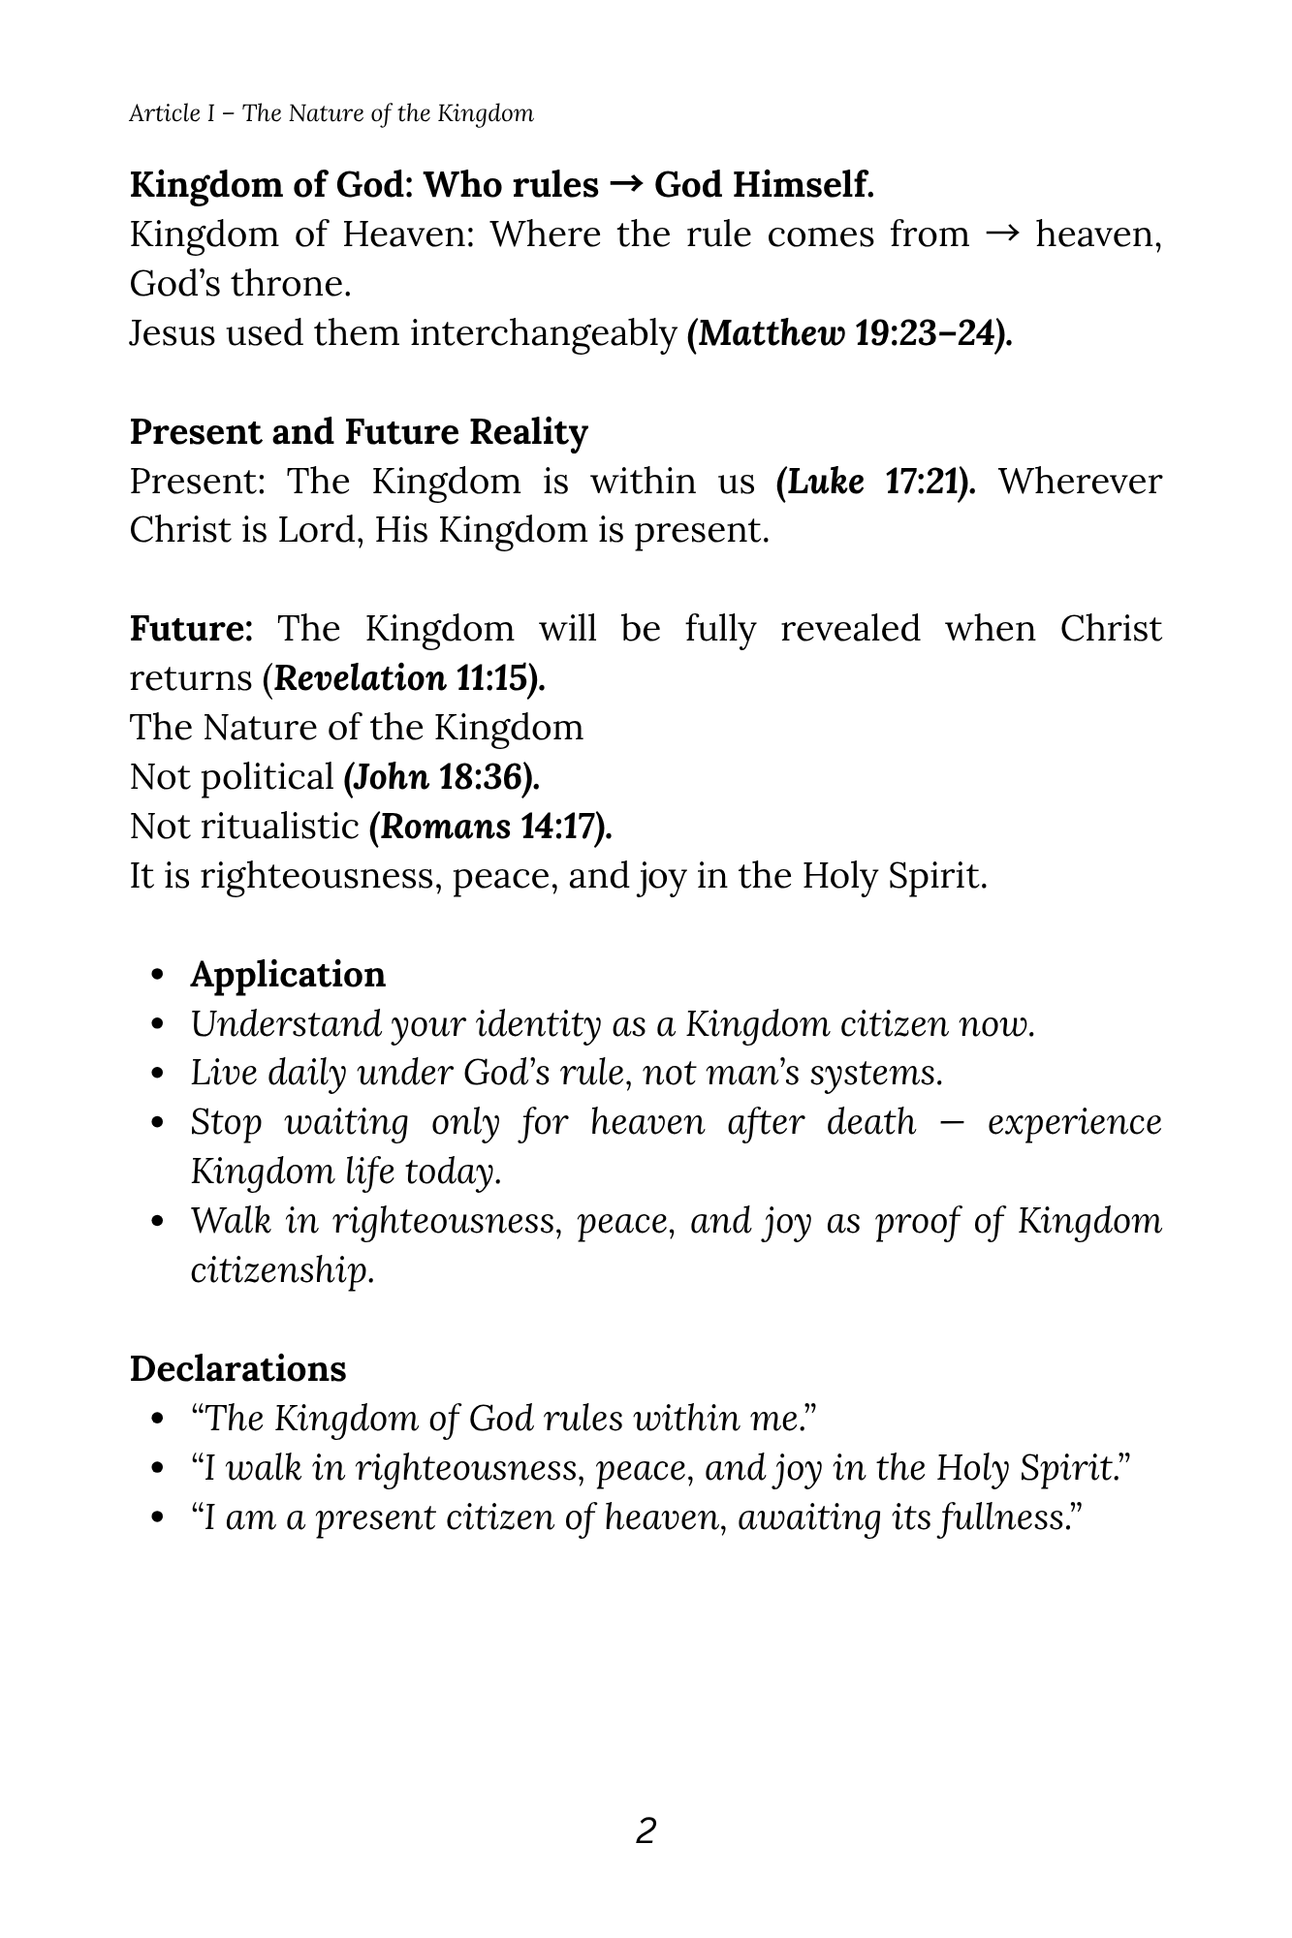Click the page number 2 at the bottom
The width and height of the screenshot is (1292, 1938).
tap(646, 1830)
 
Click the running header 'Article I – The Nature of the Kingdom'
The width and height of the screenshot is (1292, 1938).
tap(331, 113)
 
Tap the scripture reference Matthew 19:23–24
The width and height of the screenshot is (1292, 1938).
tap(849, 333)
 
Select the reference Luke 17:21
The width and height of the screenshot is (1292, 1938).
tap(876, 482)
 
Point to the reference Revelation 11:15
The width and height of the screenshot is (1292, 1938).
tap(409, 678)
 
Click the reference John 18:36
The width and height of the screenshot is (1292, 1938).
tap(442, 777)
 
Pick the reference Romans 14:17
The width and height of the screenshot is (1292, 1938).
tap(490, 827)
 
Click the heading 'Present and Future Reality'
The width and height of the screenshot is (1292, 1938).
tap(359, 432)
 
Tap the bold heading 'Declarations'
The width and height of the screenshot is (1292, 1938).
tap(237, 1369)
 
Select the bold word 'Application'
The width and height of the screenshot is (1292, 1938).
tap(288, 975)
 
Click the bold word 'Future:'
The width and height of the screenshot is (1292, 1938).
tap(191, 629)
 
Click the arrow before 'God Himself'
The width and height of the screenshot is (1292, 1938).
tap(626, 184)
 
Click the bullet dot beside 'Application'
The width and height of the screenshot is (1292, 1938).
tap(159, 976)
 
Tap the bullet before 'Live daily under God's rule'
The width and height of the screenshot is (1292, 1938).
tap(159, 1075)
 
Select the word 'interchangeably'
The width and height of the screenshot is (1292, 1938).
tap(543, 333)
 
